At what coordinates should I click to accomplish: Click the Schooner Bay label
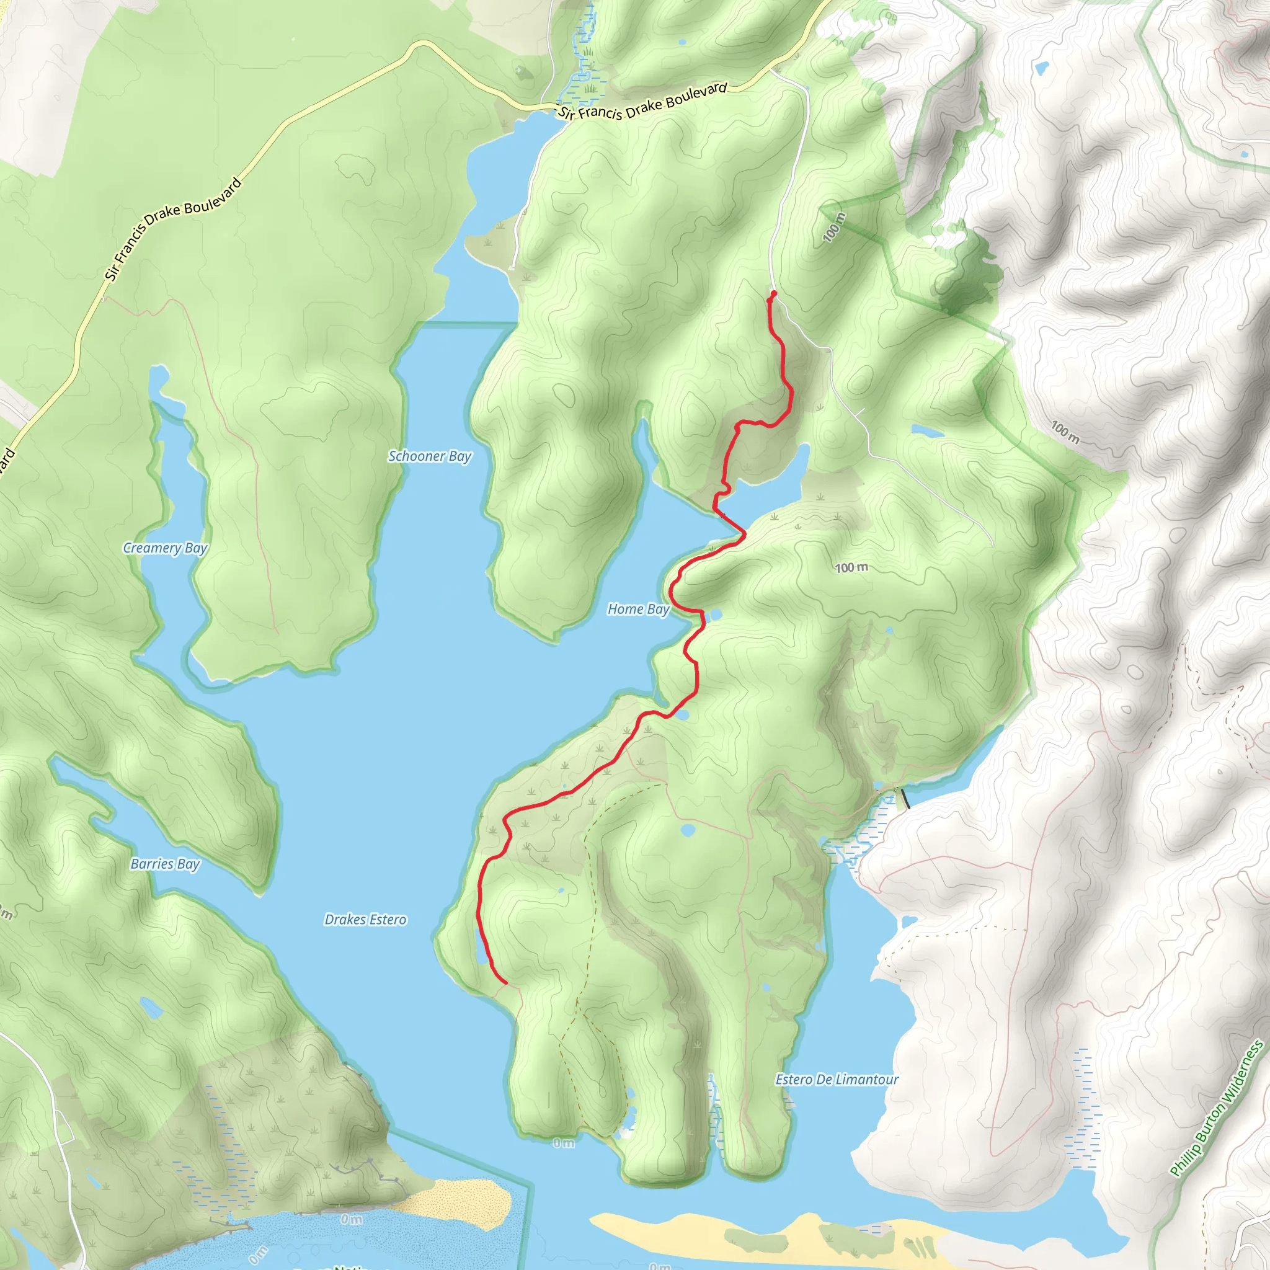pos(430,456)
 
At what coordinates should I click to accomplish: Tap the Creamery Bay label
pos(165,548)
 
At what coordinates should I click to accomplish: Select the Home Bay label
pos(638,610)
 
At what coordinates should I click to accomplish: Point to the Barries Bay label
pos(165,864)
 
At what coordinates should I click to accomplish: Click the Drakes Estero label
pos(365,920)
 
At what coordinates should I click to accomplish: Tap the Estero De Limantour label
pos(837,1080)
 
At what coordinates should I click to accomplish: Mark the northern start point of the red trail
pos(774,293)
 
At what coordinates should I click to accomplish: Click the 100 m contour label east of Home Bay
pos(852,567)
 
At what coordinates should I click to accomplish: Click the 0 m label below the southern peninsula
pos(563,1143)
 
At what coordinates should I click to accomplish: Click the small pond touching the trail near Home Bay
pos(714,615)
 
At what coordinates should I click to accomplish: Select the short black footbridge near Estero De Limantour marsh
pos(905,798)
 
